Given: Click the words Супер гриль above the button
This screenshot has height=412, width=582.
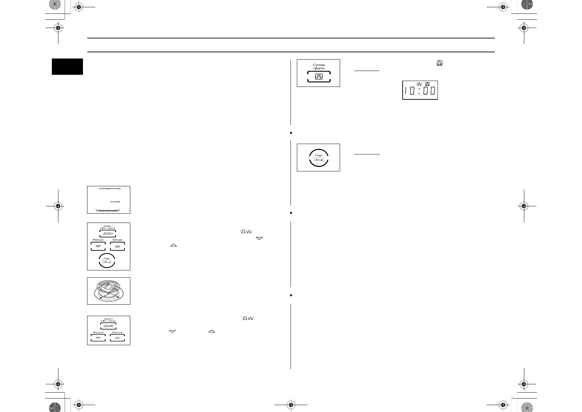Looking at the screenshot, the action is (x=319, y=66).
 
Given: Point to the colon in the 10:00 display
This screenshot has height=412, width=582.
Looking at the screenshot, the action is (x=419, y=92).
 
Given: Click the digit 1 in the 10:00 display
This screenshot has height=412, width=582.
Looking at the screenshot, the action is (x=406, y=92).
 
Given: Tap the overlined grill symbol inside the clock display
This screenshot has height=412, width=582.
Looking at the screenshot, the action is (x=427, y=84).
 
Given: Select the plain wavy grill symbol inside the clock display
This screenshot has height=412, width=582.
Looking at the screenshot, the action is (x=419, y=84).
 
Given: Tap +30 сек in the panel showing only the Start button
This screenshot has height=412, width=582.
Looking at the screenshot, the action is (x=319, y=160).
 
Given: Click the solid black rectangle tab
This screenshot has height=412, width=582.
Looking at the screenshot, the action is (x=67, y=66).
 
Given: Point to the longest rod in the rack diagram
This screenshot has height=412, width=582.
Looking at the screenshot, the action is (x=109, y=189).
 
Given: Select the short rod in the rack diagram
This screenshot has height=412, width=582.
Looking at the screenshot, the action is (x=115, y=201).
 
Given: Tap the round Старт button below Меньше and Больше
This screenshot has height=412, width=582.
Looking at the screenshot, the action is (x=107, y=260).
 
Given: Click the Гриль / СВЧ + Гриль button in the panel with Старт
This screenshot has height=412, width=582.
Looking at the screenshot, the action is (x=107, y=233).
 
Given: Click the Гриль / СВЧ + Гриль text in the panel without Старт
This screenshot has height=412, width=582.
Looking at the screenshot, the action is (x=108, y=320).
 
